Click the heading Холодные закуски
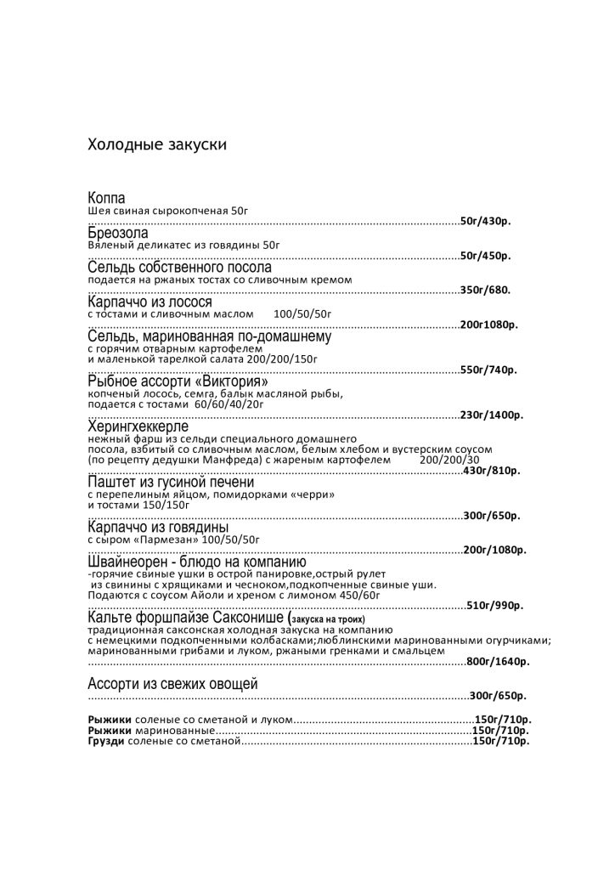(x=157, y=144)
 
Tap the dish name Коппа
(x=107, y=198)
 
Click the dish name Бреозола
(x=118, y=233)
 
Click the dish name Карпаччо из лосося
(x=150, y=302)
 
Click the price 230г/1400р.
(x=491, y=415)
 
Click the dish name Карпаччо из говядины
(x=156, y=528)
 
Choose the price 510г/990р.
(x=494, y=605)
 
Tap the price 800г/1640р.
(x=498, y=661)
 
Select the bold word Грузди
(x=106, y=742)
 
